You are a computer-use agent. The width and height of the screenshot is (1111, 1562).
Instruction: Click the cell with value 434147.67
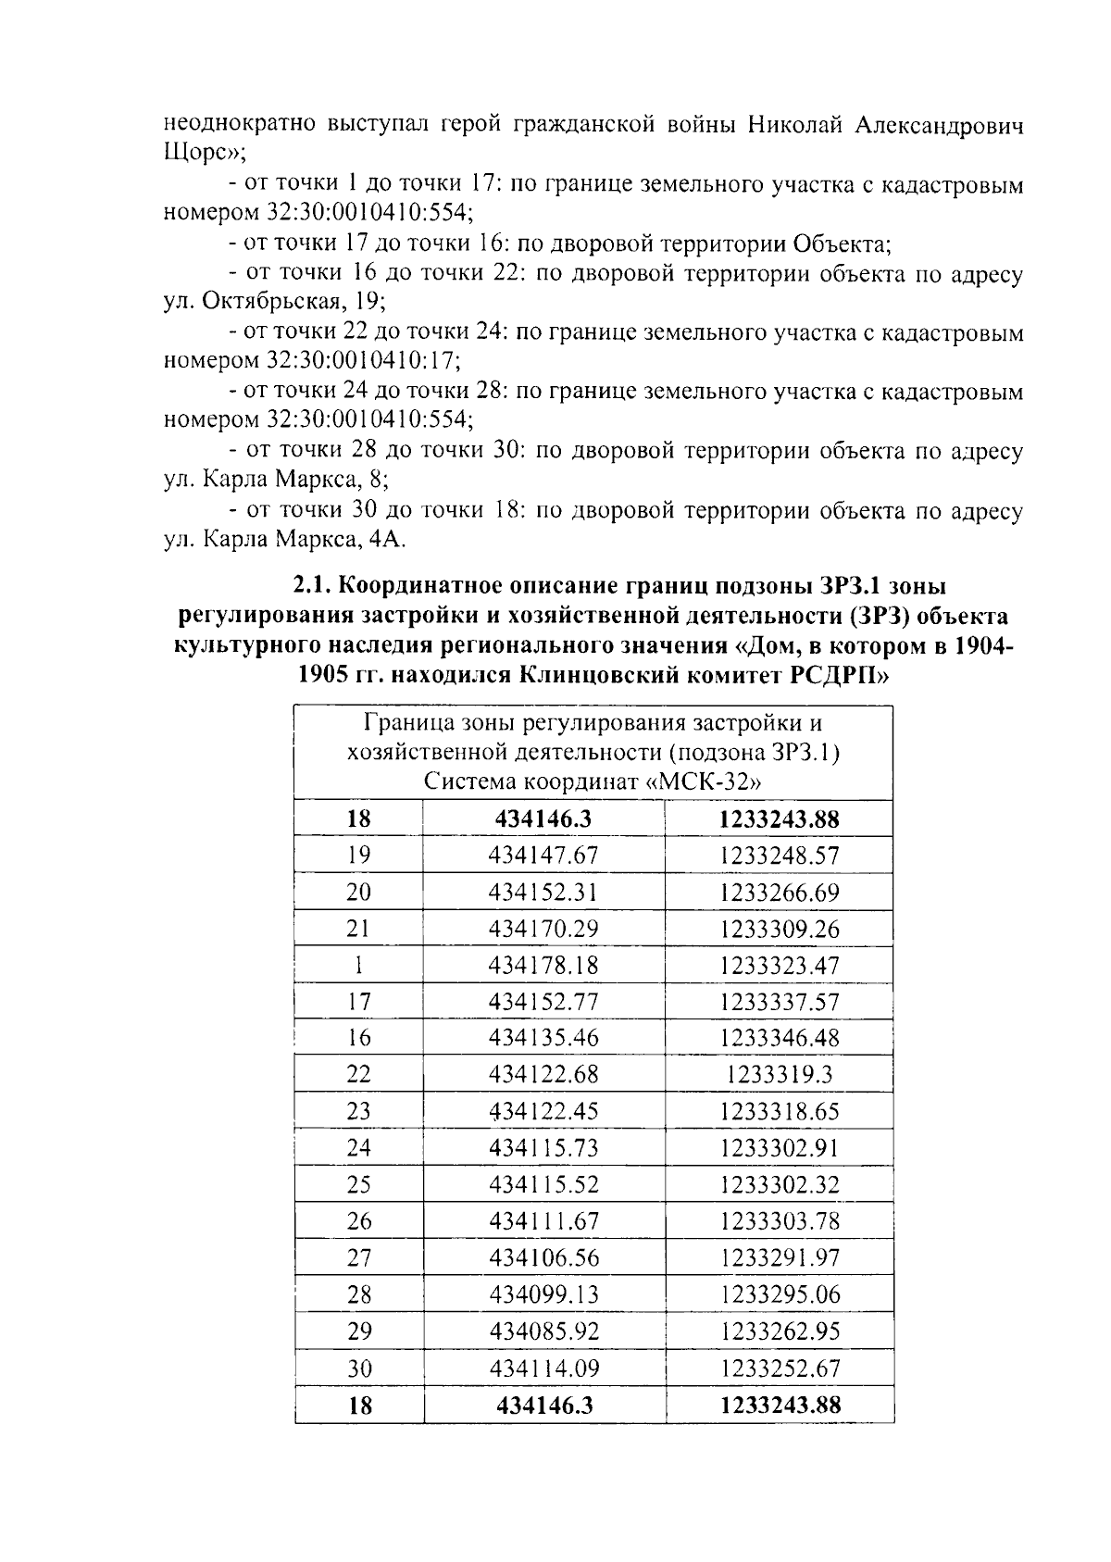point(543,856)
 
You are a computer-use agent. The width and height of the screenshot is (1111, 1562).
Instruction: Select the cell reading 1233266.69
point(780,893)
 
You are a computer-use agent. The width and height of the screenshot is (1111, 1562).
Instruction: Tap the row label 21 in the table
point(358,929)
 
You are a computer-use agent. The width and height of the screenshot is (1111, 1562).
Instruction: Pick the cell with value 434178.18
point(543,966)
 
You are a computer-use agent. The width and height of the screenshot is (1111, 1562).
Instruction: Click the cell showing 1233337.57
point(780,1002)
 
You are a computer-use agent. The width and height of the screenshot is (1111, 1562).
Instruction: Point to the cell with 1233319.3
point(780,1075)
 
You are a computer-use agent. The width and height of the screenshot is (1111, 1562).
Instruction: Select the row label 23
point(358,1111)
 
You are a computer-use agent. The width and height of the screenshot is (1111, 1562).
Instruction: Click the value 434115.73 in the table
point(543,1148)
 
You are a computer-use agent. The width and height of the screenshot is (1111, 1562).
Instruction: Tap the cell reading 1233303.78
point(780,1221)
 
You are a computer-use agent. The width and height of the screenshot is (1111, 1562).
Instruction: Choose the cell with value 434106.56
point(543,1257)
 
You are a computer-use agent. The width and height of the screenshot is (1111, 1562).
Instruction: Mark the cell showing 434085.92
point(543,1331)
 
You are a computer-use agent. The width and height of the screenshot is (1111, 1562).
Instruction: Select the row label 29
point(358,1331)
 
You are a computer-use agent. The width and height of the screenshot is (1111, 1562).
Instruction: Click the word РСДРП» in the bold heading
point(839,675)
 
